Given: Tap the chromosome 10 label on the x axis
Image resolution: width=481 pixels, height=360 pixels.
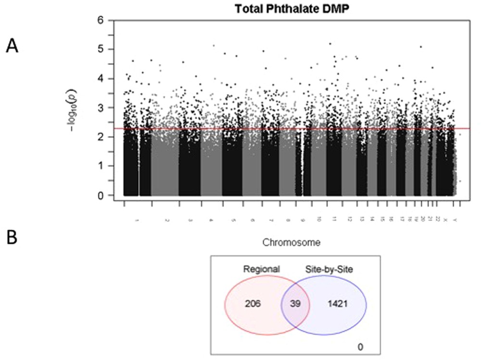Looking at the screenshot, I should click(318, 219).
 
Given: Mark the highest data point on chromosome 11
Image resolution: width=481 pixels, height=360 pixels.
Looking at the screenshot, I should click(330, 44).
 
